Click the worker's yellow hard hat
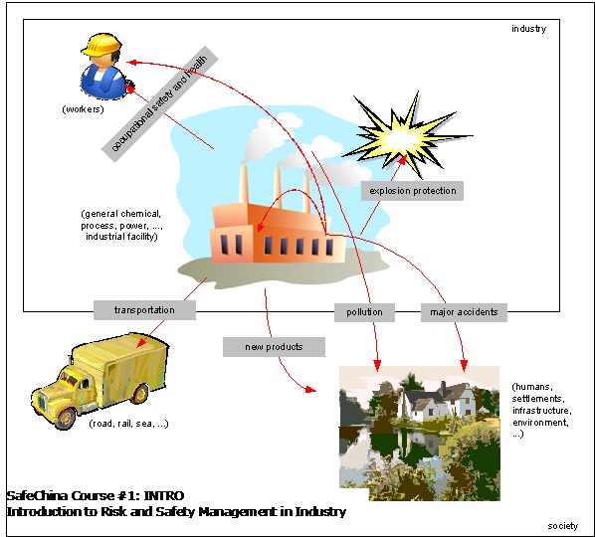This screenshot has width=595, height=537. coord(101,44)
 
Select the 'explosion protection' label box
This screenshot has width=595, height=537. coord(412,191)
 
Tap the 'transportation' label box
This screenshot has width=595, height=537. coord(144,310)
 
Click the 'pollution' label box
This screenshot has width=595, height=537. coord(364,312)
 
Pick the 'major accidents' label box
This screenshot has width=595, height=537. coord(464,312)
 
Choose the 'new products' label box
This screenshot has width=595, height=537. coord(274,347)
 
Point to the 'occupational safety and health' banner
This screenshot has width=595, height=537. coord(160,103)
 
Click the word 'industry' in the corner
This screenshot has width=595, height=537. coord(528,29)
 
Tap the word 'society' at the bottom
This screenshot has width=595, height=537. coord(563,526)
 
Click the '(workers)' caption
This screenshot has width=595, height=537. coord(83,109)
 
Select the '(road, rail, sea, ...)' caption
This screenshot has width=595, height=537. coord(128,424)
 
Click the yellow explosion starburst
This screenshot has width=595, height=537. coord(408,134)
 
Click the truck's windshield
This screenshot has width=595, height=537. coord(70,378)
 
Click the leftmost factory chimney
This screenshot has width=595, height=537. coord(244,185)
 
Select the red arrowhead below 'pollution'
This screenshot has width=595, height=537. coord(377,365)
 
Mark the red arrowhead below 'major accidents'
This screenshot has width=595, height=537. coord(464,365)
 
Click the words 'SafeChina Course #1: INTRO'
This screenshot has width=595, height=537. coord(96,495)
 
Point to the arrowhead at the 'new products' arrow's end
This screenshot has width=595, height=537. coord(310,389)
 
